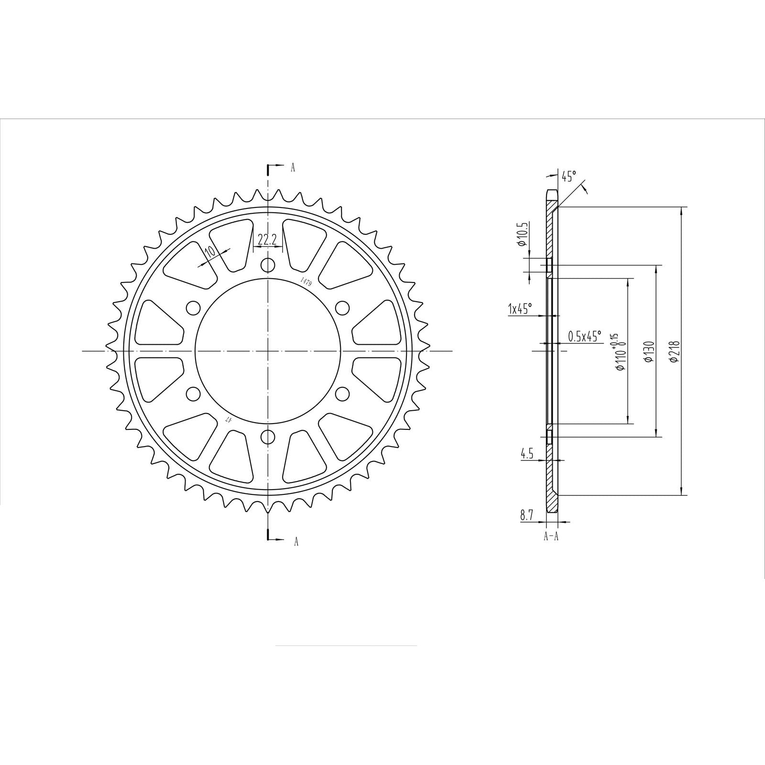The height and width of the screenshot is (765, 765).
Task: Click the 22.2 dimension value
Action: [x=267, y=240]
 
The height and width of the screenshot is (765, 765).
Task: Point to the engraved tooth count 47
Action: [x=229, y=419]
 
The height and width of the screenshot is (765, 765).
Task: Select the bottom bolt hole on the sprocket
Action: [x=268, y=437]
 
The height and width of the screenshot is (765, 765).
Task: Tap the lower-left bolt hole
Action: [x=193, y=394]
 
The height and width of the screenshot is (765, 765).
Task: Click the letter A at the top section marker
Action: [x=293, y=167]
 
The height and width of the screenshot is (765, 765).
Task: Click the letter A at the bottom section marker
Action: [x=296, y=542]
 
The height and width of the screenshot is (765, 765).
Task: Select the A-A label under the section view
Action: [x=551, y=536]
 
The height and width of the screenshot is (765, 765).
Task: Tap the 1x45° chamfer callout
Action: [x=520, y=309]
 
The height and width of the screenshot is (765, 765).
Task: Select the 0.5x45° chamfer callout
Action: [x=585, y=336]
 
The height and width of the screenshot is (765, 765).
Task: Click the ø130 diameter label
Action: [x=649, y=351]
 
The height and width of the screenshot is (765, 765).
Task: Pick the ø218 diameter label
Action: [x=674, y=351]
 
